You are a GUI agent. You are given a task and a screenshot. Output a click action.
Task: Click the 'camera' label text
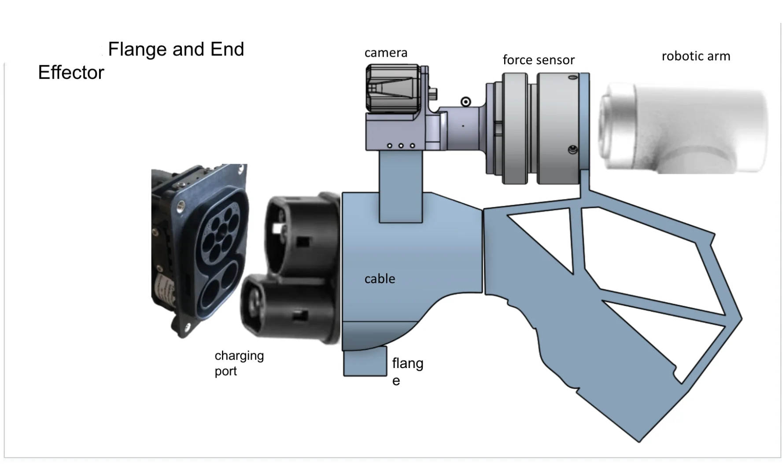[x=386, y=53]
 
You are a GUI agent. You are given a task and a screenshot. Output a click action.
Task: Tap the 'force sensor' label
[x=539, y=60]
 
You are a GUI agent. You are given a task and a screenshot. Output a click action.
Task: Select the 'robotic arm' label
[x=696, y=56]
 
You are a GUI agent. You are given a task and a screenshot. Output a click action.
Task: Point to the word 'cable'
[x=380, y=279]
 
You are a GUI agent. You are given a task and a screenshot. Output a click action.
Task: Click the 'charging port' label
[x=239, y=363]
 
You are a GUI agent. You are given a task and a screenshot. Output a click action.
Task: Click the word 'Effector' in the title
[x=71, y=73]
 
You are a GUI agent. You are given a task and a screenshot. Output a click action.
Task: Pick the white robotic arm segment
[x=682, y=128]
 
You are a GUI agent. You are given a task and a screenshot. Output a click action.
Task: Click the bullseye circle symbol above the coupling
[x=465, y=102]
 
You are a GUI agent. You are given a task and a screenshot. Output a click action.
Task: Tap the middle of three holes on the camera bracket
[x=401, y=146]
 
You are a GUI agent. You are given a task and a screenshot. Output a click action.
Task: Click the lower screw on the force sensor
[x=572, y=150]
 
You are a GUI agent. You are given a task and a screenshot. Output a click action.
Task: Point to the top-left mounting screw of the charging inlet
[x=181, y=206]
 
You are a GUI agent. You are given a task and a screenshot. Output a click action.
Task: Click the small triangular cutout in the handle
[x=544, y=238]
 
